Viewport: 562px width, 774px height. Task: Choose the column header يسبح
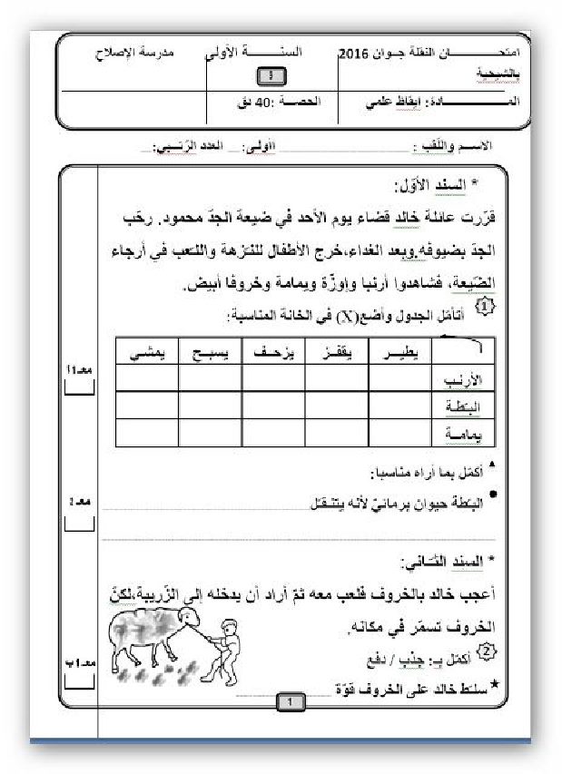[x=210, y=352]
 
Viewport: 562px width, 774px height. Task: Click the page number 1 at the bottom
[x=289, y=702]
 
